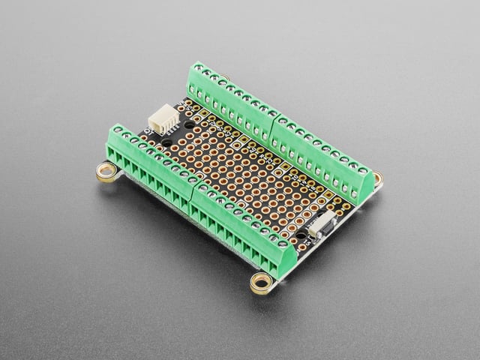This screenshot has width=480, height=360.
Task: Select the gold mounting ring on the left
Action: [x=106, y=172]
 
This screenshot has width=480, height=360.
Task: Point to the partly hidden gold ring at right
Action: [x=377, y=179]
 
